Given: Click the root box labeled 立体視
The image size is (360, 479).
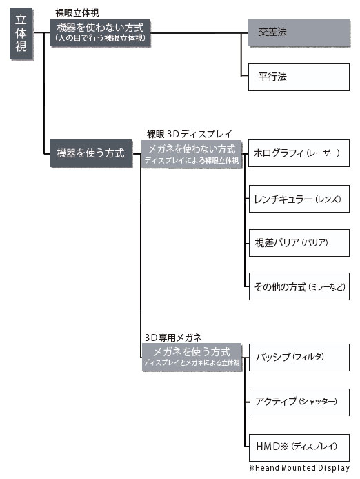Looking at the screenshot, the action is (21, 34).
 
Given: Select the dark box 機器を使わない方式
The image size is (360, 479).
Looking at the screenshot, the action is (100, 33).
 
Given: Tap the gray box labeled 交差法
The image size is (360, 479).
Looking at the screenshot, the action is (299, 32).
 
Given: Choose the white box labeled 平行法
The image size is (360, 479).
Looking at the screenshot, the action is (299, 77).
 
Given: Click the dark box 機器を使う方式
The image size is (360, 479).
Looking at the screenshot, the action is (91, 153).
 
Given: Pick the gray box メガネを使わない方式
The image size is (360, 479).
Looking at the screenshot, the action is (192, 154).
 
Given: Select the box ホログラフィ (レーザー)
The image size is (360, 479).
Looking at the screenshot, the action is (299, 153).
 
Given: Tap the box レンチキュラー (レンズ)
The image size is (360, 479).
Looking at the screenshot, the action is (299, 199).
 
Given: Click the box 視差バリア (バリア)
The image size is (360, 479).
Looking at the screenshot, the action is (299, 243).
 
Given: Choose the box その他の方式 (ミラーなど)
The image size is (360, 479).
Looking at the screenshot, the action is (299, 286).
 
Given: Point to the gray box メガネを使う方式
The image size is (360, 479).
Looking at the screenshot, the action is (192, 357).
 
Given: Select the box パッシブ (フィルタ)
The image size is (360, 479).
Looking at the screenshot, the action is (299, 358).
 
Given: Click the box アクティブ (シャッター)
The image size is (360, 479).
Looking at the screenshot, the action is (299, 402).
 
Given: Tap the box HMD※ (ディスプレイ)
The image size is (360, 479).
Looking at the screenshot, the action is (299, 447).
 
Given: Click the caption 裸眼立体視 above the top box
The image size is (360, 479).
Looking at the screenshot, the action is (77, 13).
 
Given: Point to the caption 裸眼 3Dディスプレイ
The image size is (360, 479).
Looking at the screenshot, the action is (190, 134).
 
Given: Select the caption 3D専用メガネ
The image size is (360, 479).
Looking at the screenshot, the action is (173, 338).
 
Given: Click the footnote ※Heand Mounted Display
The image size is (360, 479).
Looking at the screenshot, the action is (299, 468).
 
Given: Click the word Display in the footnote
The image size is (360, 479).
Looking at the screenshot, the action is (334, 468).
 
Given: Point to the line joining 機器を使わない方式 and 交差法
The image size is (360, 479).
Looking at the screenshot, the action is (199, 33).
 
